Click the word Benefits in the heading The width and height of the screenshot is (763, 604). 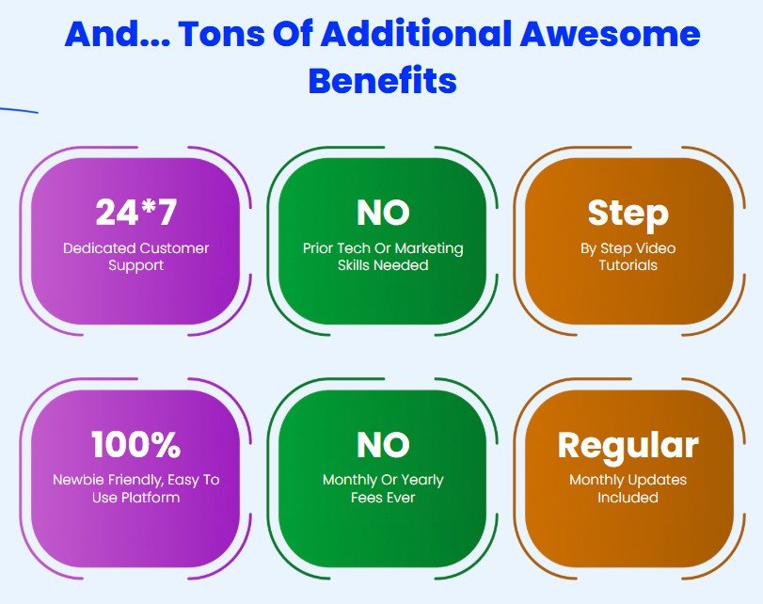point(383,80)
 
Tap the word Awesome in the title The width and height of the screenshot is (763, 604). point(611,33)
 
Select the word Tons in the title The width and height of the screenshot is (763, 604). point(222,33)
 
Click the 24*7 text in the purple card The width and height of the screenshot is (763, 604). point(135,213)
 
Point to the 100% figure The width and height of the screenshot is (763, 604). point(135,444)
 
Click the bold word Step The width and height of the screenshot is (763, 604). point(628,215)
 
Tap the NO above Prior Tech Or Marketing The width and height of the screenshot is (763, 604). point(383,213)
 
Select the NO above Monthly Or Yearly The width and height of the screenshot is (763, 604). point(383,445)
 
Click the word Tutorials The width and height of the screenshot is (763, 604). point(628,265)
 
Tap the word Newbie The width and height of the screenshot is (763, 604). point(78,480)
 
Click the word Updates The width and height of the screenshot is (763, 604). point(658,481)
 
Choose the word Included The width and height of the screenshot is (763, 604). point(628,498)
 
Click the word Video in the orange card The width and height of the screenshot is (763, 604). point(656,248)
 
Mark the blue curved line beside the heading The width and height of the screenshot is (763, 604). point(19,110)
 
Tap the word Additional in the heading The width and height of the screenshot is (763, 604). point(417,33)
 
